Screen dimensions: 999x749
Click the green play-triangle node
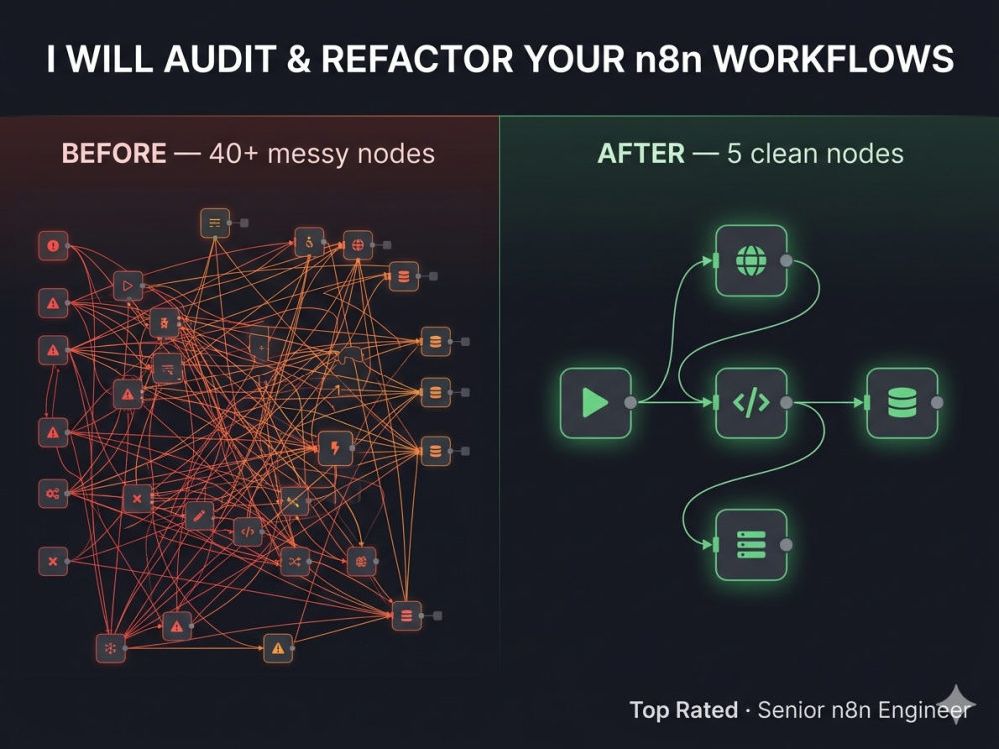pos(595,402)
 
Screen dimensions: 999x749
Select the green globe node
pos(752,260)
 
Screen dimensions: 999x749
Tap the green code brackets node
pos(752,402)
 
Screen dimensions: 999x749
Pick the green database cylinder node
pos(902,402)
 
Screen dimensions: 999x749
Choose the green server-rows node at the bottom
pos(752,545)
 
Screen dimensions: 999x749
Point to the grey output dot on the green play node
pos(630,402)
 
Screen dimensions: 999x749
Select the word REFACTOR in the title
pos(418,59)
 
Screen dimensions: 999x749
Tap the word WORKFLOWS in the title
pos(833,59)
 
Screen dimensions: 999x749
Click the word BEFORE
pos(114,154)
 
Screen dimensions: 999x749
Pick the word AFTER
pos(641,154)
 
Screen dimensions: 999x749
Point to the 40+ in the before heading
pos(233,154)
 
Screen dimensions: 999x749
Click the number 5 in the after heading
pos(734,154)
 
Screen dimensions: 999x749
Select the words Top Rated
pos(683,709)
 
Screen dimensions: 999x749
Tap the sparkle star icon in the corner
pos(957,704)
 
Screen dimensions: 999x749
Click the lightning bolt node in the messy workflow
pos(335,449)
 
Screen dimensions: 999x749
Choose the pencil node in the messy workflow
pos(200,516)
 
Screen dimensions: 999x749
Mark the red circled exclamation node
pos(53,246)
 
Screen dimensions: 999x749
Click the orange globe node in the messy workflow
pos(358,245)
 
